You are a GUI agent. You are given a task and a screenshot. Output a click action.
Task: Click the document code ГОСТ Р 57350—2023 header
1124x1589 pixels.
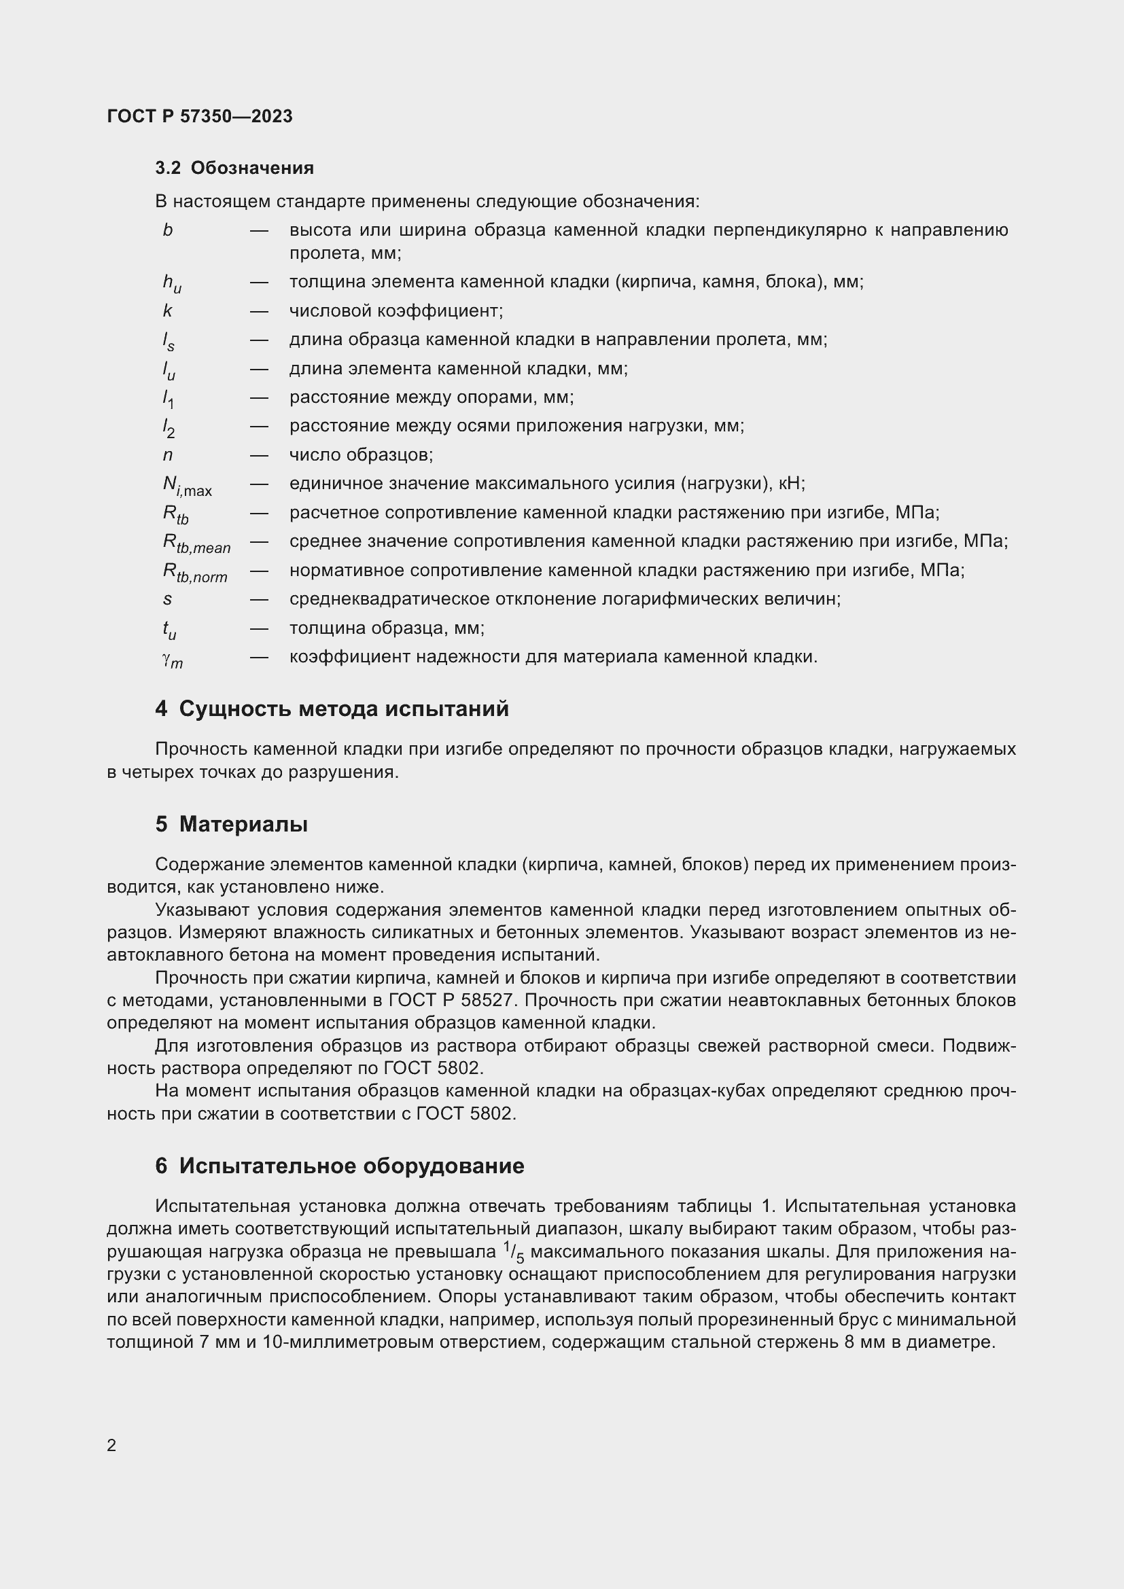point(199,116)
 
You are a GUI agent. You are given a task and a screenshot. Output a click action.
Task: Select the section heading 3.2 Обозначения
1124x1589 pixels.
point(234,168)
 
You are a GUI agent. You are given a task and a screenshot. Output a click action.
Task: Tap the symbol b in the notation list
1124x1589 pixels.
point(167,230)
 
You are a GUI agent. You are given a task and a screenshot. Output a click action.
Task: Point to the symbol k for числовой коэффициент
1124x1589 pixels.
point(167,311)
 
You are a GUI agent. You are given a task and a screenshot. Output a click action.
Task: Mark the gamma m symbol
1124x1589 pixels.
point(173,660)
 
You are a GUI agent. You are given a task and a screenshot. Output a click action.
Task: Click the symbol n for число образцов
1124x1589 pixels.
point(167,455)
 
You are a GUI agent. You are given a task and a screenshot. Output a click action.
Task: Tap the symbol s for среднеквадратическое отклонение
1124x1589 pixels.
point(167,599)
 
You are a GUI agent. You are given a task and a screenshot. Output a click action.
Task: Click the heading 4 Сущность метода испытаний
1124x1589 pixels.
point(332,709)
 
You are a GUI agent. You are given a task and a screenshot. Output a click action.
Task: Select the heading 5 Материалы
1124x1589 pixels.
point(231,824)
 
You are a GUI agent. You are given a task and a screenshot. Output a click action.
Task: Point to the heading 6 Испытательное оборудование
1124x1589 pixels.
point(339,1166)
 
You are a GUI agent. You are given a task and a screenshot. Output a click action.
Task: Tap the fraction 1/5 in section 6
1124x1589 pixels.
point(514,1252)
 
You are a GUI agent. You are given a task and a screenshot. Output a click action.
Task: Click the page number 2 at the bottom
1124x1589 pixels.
point(111,1445)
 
